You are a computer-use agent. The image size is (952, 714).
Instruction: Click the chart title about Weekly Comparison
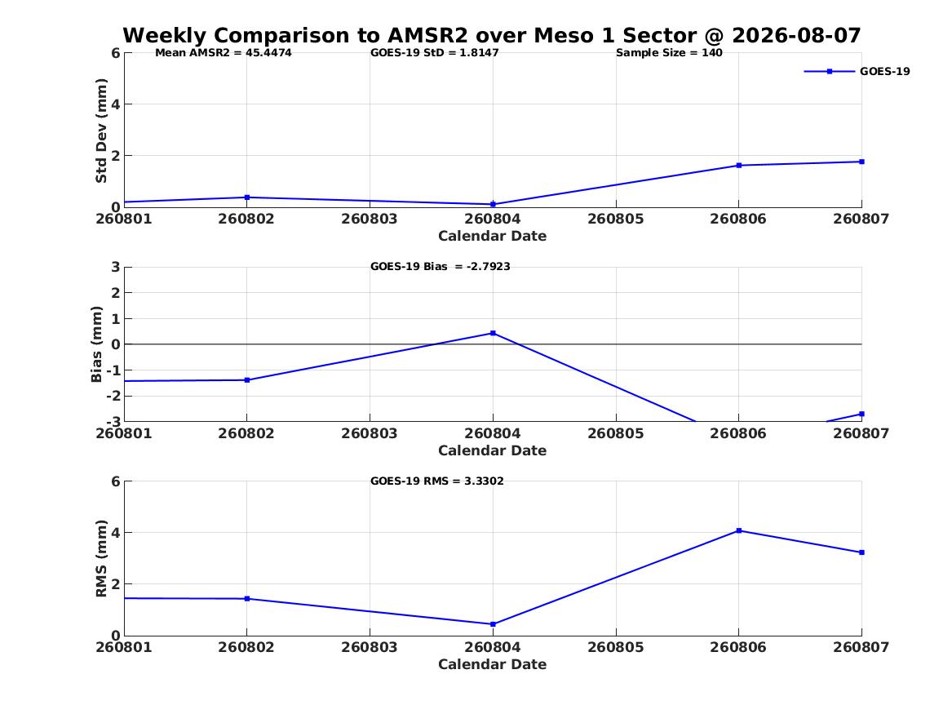(492, 35)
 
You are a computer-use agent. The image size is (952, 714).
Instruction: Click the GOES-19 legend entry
(857, 71)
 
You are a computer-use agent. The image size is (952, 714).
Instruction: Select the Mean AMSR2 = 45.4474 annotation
(224, 53)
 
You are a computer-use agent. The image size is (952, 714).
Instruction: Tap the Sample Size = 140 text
(669, 53)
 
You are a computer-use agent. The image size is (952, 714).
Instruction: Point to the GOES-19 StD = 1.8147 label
(435, 53)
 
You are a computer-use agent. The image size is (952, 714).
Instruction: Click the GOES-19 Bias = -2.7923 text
(441, 267)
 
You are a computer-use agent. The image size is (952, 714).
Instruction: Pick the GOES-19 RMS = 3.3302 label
(437, 481)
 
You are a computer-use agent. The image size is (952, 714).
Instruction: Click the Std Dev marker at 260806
(739, 165)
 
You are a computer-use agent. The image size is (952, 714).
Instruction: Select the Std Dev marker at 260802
(247, 197)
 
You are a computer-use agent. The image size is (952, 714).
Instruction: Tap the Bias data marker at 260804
(493, 333)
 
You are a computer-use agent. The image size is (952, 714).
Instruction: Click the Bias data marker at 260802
(247, 380)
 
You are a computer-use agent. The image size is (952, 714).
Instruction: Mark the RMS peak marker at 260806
(739, 530)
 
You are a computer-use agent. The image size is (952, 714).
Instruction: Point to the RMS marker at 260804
(493, 624)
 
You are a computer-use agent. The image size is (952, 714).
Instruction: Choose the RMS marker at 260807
(861, 552)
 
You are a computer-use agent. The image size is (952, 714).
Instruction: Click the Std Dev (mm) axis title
(101, 131)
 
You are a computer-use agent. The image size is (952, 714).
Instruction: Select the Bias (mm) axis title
(96, 344)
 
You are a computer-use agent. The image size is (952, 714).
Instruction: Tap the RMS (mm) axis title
(101, 559)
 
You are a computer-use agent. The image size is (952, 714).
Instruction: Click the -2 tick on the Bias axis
(113, 396)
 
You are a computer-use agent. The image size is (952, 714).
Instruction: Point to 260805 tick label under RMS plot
(616, 647)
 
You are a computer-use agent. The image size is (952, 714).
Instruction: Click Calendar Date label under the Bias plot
(493, 450)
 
